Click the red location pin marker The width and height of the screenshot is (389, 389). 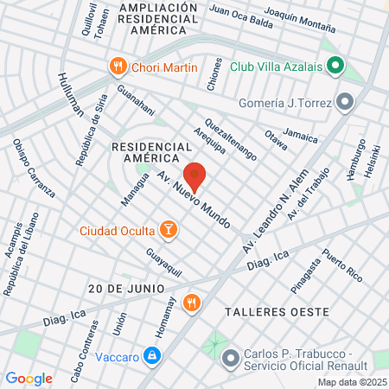(195, 176)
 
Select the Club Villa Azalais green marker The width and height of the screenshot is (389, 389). (335, 66)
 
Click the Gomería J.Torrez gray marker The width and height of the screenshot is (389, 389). (345, 103)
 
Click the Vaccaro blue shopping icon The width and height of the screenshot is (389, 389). (151, 355)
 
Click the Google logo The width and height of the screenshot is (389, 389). (29, 378)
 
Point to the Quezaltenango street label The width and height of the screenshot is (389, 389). (231, 138)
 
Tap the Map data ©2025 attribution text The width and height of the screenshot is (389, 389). (350, 381)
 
